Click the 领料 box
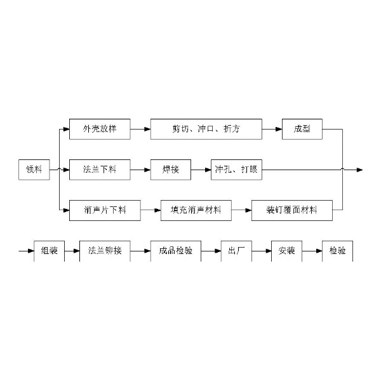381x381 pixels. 34,170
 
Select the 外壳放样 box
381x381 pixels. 100,129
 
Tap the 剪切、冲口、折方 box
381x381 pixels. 206,129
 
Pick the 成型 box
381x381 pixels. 302,129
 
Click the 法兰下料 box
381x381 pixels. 100,170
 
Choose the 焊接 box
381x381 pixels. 171,170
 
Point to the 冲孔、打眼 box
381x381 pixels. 236,170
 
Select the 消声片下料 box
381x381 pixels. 105,210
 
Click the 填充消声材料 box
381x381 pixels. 196,210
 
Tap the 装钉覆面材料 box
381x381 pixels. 292,210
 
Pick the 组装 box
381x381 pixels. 49,251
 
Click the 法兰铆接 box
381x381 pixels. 105,251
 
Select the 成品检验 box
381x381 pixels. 176,251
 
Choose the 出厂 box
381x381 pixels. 236,251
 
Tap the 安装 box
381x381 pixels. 287,251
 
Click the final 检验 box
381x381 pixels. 338,251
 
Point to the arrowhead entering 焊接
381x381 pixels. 147,170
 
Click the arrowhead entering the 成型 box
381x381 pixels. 279,130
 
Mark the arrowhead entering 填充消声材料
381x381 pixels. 157,210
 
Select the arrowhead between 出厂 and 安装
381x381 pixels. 269,251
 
